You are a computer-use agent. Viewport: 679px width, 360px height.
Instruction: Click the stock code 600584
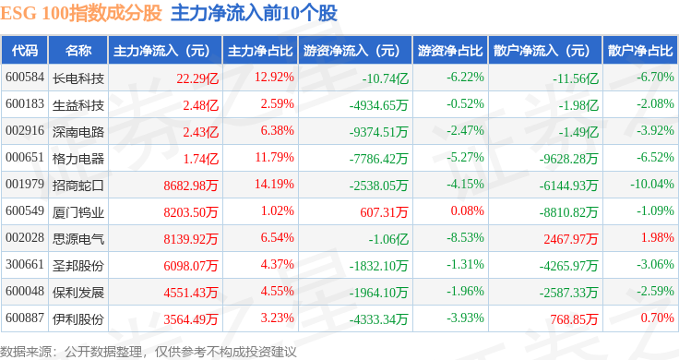pos(25,78)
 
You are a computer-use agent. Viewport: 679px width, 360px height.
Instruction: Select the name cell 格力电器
pos(78,159)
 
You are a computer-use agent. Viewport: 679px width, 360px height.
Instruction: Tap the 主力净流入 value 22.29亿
pos(197,78)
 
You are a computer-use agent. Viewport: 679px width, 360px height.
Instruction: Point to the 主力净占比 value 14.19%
pos(274,184)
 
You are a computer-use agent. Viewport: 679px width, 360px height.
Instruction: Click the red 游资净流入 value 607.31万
pos(384,211)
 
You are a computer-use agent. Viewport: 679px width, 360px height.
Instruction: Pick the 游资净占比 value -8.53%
pos(465,238)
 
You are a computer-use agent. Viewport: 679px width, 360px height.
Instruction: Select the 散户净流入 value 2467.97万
pos(571,239)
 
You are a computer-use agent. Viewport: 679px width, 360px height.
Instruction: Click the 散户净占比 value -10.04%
pos(651,184)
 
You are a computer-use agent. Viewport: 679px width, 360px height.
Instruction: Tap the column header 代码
pos(25,51)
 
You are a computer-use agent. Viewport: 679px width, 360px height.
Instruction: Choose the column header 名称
pos(78,51)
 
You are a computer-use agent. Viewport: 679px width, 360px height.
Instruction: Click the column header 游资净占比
pos(450,51)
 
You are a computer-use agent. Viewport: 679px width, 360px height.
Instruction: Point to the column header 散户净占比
pos(640,51)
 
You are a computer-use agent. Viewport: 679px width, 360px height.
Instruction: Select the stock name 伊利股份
pos(78,319)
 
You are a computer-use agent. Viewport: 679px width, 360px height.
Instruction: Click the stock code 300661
pos(25,265)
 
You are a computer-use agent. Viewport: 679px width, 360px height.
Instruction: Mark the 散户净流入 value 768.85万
pos(574,319)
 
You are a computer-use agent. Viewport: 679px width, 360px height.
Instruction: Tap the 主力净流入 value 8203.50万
pos(191,211)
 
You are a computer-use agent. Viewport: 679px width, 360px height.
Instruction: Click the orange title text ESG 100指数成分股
pos(81,14)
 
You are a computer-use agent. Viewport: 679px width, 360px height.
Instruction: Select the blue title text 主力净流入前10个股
pos(255,14)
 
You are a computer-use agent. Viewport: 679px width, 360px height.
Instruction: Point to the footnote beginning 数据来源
pos(149,352)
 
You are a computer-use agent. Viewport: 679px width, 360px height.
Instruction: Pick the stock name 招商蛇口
pos(78,186)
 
